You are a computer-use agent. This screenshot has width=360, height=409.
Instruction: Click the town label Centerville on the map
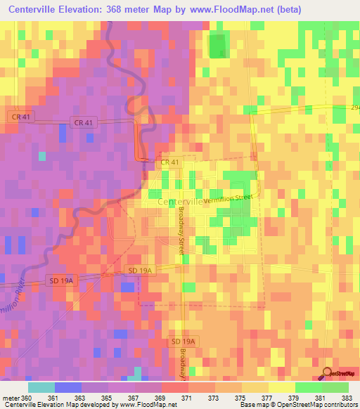pyautogui.click(x=181, y=202)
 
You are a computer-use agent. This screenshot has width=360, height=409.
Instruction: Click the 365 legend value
pyautogui.click(x=108, y=398)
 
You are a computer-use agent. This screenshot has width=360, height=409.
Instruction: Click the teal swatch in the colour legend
pyautogui.click(x=41, y=387)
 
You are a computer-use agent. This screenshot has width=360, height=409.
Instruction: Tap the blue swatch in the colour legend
pyautogui.click(x=67, y=387)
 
